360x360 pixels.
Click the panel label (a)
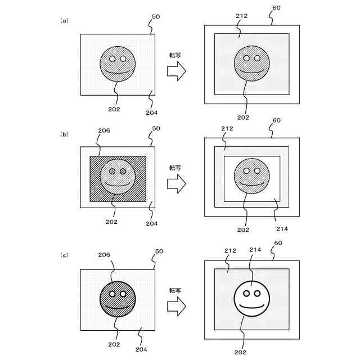point(64,21)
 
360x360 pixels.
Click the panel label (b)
point(64,134)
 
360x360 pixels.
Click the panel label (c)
point(64,255)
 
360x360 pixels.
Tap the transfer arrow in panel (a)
point(177,71)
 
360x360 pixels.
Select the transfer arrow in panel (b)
point(177,183)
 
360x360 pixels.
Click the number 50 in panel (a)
point(156,17)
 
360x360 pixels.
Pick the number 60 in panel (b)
point(277,120)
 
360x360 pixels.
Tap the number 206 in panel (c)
point(103,254)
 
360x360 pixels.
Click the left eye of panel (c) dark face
point(112,294)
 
